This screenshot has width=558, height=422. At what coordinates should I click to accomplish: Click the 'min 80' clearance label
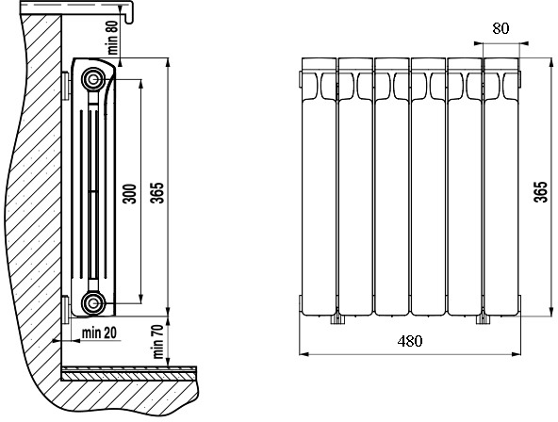tap(113, 39)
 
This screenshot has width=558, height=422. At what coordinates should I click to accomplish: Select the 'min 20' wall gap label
tap(99, 333)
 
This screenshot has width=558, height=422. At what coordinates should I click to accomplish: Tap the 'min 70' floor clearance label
tap(157, 342)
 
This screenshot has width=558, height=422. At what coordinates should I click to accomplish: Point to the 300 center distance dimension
tap(129, 194)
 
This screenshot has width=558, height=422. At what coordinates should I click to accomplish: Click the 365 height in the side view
tap(157, 193)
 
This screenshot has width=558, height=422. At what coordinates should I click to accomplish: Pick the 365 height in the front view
tap(540, 191)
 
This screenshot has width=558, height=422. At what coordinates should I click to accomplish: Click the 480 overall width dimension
tap(410, 341)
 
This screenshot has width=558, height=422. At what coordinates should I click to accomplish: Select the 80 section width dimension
tap(501, 28)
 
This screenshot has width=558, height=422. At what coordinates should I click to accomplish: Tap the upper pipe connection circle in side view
tap(93, 79)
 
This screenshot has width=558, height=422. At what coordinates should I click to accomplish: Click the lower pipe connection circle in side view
tap(93, 303)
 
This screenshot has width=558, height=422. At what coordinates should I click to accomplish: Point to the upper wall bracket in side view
tap(66, 86)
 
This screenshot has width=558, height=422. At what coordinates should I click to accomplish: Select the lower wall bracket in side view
tap(66, 309)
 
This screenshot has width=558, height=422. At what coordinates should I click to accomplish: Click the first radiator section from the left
tap(319, 187)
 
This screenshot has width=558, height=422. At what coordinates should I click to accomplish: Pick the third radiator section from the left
tap(392, 187)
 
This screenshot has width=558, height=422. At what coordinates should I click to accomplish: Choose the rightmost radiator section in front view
tap(501, 187)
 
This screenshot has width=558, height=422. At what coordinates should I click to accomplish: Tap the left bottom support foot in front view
tap(337, 319)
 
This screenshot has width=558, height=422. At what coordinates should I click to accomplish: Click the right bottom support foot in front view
tap(483, 319)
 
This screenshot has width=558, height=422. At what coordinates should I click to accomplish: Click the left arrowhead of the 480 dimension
tap(304, 354)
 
